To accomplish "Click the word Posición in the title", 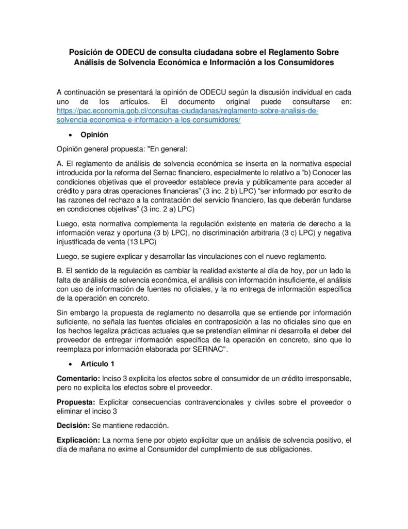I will [87, 52].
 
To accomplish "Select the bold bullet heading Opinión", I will [94, 135].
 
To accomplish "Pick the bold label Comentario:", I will [78, 378].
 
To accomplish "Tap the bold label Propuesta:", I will [75, 402].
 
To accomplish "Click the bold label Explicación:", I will [78, 440].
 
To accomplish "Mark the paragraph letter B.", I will [59, 270].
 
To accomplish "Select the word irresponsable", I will [328, 378].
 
